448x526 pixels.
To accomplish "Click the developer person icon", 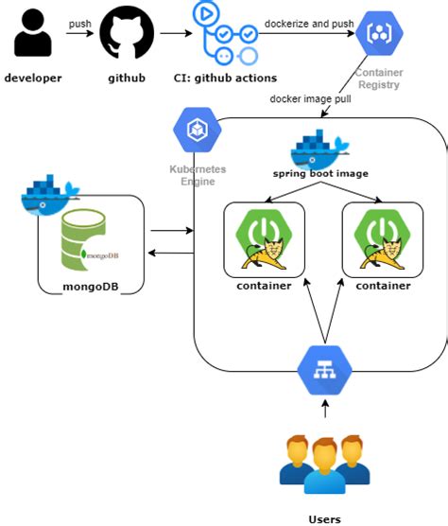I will click(33, 35).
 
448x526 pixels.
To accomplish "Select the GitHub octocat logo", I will click(127, 35).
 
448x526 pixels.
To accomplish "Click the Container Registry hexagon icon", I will click(379, 37).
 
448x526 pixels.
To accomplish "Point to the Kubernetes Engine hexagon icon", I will click(197, 131).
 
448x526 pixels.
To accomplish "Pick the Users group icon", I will click(324, 465).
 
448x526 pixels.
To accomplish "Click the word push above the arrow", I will click(80, 22).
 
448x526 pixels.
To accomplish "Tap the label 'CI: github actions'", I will click(226, 77).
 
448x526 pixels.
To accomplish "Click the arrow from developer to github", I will click(80, 35).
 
